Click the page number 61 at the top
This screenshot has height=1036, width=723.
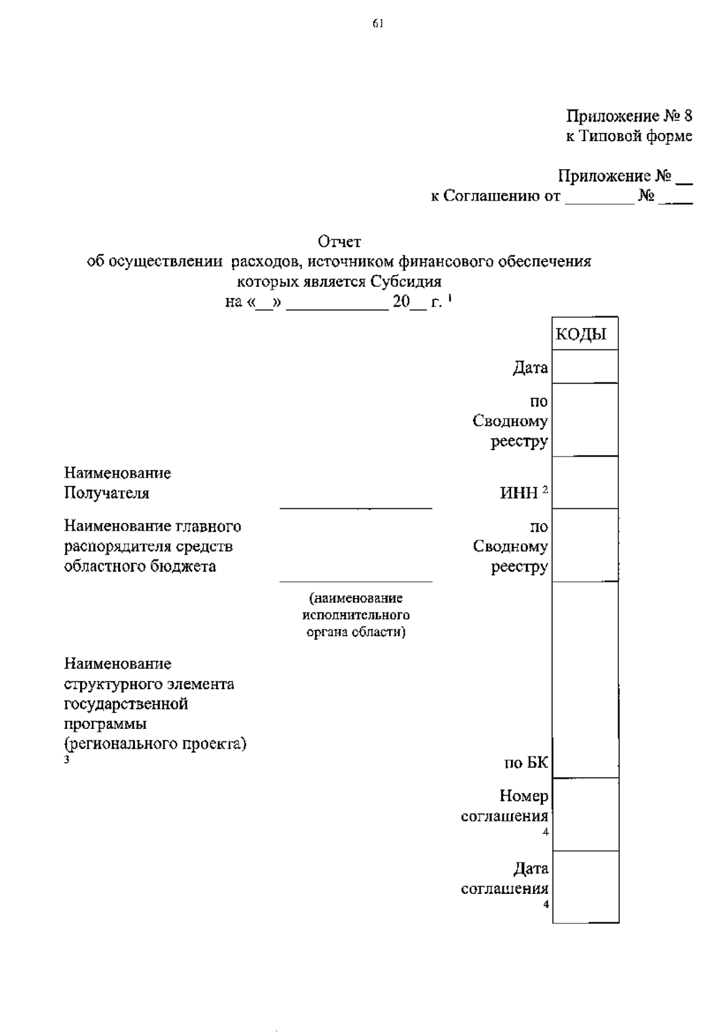[x=377, y=23]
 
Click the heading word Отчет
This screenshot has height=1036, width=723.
[x=339, y=242]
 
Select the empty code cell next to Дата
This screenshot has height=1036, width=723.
[x=585, y=367]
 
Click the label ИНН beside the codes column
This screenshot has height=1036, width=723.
[x=519, y=493]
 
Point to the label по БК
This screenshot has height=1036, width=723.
[x=526, y=763]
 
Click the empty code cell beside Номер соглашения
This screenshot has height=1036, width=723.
[x=585, y=814]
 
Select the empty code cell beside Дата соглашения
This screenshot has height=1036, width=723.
[x=585, y=887]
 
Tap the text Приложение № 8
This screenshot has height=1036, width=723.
[x=628, y=116]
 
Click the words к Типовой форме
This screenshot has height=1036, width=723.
[x=628, y=136]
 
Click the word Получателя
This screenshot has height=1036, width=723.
[x=107, y=493]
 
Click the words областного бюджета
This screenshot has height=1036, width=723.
[x=140, y=566]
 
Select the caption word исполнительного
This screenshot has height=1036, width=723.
[x=355, y=615]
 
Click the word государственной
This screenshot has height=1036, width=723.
[x=126, y=704]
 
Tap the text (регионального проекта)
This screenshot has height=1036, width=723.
[x=155, y=743]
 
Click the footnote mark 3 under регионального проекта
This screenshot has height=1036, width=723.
[x=67, y=760]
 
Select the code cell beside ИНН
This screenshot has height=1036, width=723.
[x=585, y=483]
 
